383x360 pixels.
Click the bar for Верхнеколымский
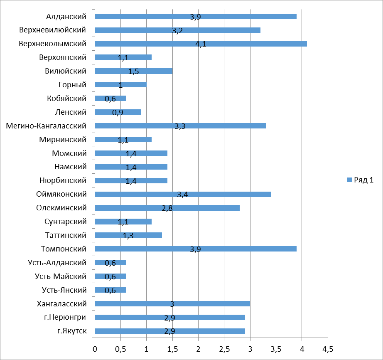(201, 44)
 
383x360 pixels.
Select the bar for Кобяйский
(110, 99)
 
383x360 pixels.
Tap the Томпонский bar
(195, 249)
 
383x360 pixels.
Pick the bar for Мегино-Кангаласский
(180, 126)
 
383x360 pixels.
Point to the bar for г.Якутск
(169, 331)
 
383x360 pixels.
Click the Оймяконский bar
(182, 194)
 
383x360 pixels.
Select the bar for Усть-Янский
(110, 290)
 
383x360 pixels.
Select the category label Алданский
(66, 17)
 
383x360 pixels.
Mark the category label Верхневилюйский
(53, 30)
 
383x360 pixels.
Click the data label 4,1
(201, 44)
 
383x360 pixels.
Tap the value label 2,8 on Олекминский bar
(167, 208)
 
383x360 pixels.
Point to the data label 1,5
(133, 72)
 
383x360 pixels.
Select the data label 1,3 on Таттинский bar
(128, 236)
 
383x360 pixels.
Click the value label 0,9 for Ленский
(118, 113)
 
